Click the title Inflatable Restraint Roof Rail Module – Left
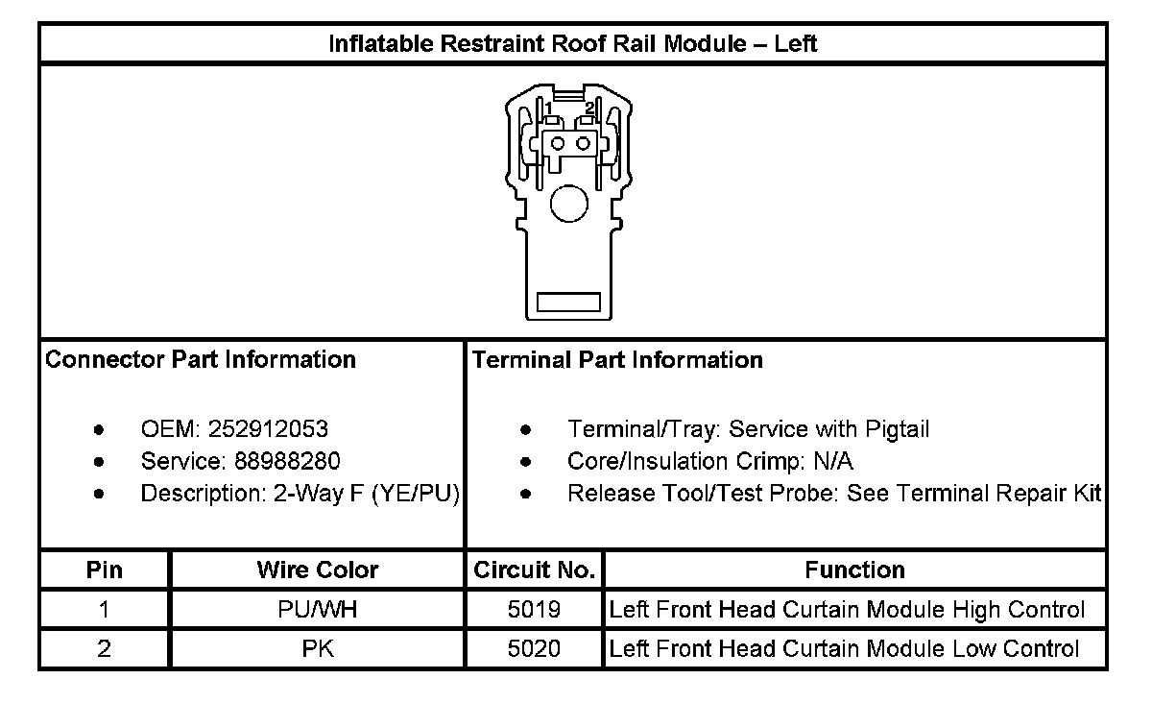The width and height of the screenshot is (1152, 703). [x=573, y=43]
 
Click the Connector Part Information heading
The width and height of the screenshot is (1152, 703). [x=201, y=360]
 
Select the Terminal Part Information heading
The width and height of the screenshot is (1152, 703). [x=618, y=360]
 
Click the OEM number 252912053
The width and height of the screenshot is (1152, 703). [x=274, y=429]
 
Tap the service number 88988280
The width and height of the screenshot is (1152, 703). [x=287, y=462]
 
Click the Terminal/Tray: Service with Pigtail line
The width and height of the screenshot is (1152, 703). [x=749, y=429]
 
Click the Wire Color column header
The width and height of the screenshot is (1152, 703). [x=318, y=570]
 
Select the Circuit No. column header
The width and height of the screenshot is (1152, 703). [x=535, y=570]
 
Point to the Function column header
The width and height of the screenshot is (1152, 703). [x=854, y=570]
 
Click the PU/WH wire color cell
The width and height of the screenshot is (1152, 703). [x=318, y=610]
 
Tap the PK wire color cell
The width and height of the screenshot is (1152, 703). [x=318, y=648]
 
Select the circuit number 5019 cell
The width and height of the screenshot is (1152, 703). [x=535, y=610]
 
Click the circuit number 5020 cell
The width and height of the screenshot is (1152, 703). [x=535, y=648]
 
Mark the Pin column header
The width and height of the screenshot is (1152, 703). [x=105, y=570]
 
